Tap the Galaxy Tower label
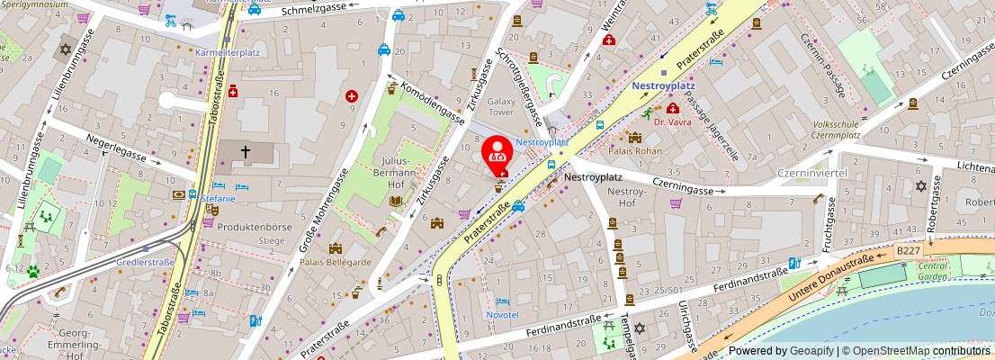tap(501, 107)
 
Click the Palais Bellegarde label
tap(336, 262)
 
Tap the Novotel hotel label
tap(503, 315)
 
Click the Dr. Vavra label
tap(671, 121)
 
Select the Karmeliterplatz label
tap(228, 52)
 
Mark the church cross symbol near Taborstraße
tap(245, 153)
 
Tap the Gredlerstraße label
tap(146, 263)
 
